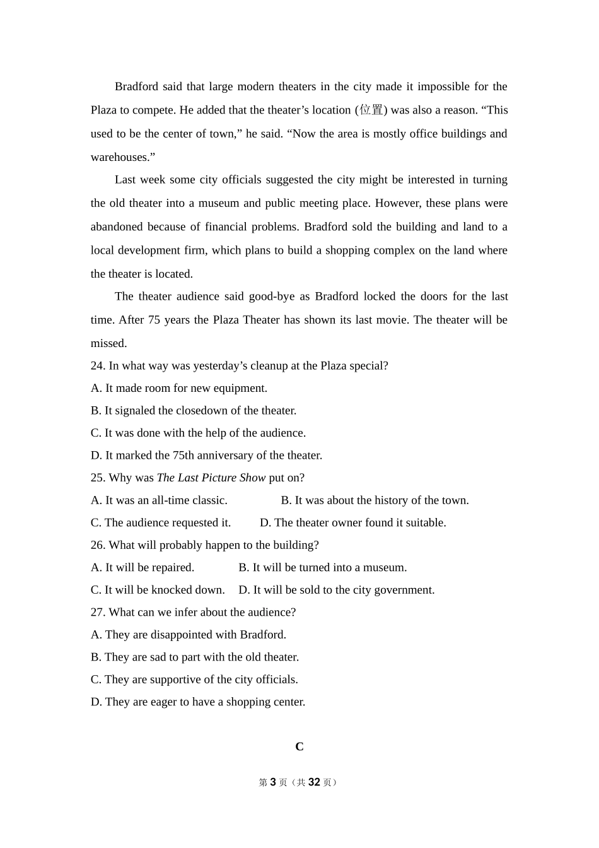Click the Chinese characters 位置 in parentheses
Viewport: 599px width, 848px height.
click(x=371, y=110)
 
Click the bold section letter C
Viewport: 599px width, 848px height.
click(x=299, y=747)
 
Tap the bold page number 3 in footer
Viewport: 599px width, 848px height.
click(x=273, y=782)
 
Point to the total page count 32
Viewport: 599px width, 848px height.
click(x=314, y=782)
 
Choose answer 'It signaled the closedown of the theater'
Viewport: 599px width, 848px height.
click(x=200, y=411)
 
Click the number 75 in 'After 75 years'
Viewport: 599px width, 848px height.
click(x=154, y=320)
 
